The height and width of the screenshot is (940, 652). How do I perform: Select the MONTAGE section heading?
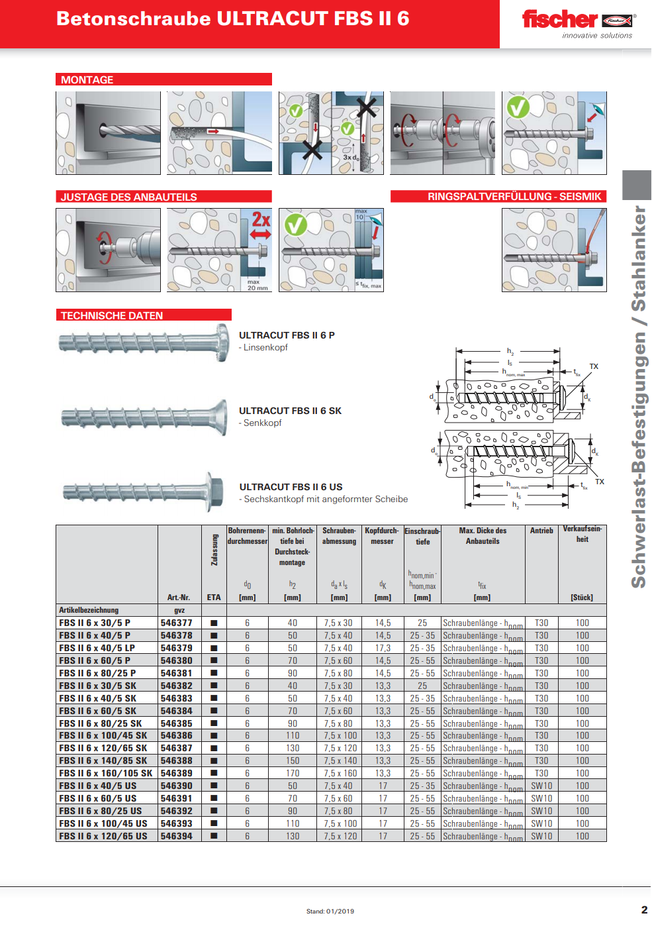point(87,80)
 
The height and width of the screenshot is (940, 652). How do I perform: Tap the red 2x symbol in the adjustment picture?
point(261,220)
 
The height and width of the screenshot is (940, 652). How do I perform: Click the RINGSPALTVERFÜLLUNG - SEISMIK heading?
point(514,197)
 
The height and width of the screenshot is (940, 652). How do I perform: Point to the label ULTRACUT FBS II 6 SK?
point(290,411)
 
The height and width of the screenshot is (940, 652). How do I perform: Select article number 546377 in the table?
point(176,623)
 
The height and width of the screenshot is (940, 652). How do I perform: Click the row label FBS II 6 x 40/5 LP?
point(97,649)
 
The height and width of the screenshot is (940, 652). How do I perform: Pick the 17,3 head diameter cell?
point(383,649)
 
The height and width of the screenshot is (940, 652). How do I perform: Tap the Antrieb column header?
point(541,531)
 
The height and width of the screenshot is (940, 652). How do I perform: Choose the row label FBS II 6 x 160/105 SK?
point(105,774)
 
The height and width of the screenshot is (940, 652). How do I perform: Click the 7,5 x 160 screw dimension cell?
point(340,774)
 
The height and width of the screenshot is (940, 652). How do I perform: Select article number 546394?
point(176,837)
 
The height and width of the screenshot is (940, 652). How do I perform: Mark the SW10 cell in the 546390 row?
point(541,786)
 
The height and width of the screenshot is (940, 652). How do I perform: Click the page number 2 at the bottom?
point(644,910)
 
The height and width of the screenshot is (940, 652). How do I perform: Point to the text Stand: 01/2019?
point(330,912)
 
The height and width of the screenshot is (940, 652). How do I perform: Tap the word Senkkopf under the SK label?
point(262,423)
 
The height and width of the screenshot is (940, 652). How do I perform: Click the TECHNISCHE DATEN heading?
point(112,316)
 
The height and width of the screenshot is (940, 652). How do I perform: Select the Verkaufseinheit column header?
point(582,534)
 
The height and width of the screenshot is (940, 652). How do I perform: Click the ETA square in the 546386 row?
point(214,736)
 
